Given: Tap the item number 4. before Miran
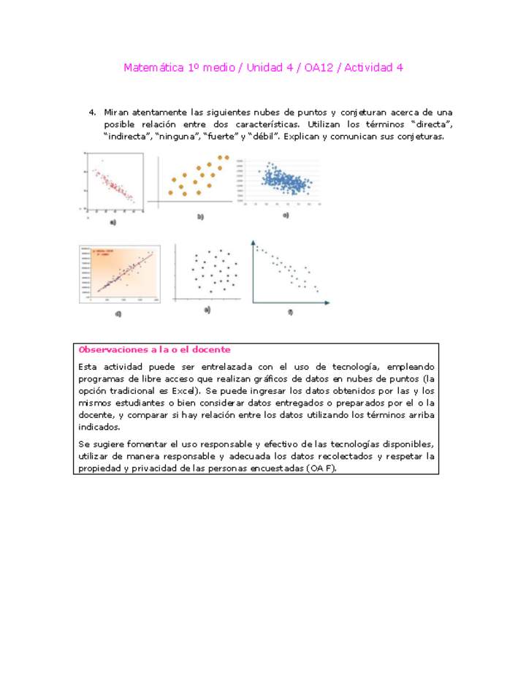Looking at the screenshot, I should click(93, 113).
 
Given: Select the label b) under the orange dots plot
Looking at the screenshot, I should click(199, 217).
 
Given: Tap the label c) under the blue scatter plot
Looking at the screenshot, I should click(286, 216).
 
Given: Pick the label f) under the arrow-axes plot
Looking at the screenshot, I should click(290, 312).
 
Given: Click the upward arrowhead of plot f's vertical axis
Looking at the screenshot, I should click(253, 241).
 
